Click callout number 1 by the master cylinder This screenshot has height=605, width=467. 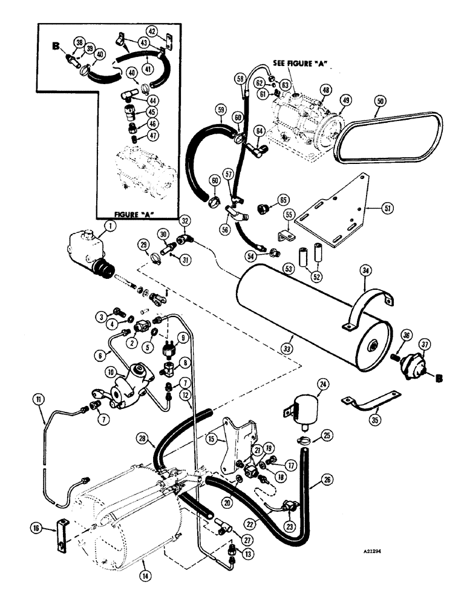(109, 226)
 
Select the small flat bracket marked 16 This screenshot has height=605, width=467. (60, 534)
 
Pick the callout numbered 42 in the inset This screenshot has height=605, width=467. (152, 31)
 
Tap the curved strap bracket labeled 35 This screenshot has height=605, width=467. (373, 405)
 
